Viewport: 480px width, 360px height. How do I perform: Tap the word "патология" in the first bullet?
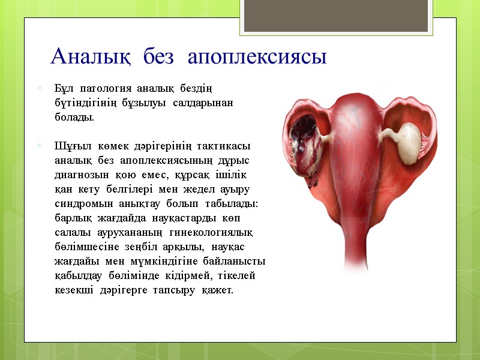(104, 89)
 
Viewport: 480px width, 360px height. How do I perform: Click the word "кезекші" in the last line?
(73, 290)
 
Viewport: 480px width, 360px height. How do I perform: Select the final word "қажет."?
(217, 290)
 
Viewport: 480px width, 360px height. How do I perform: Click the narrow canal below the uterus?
(360, 240)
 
